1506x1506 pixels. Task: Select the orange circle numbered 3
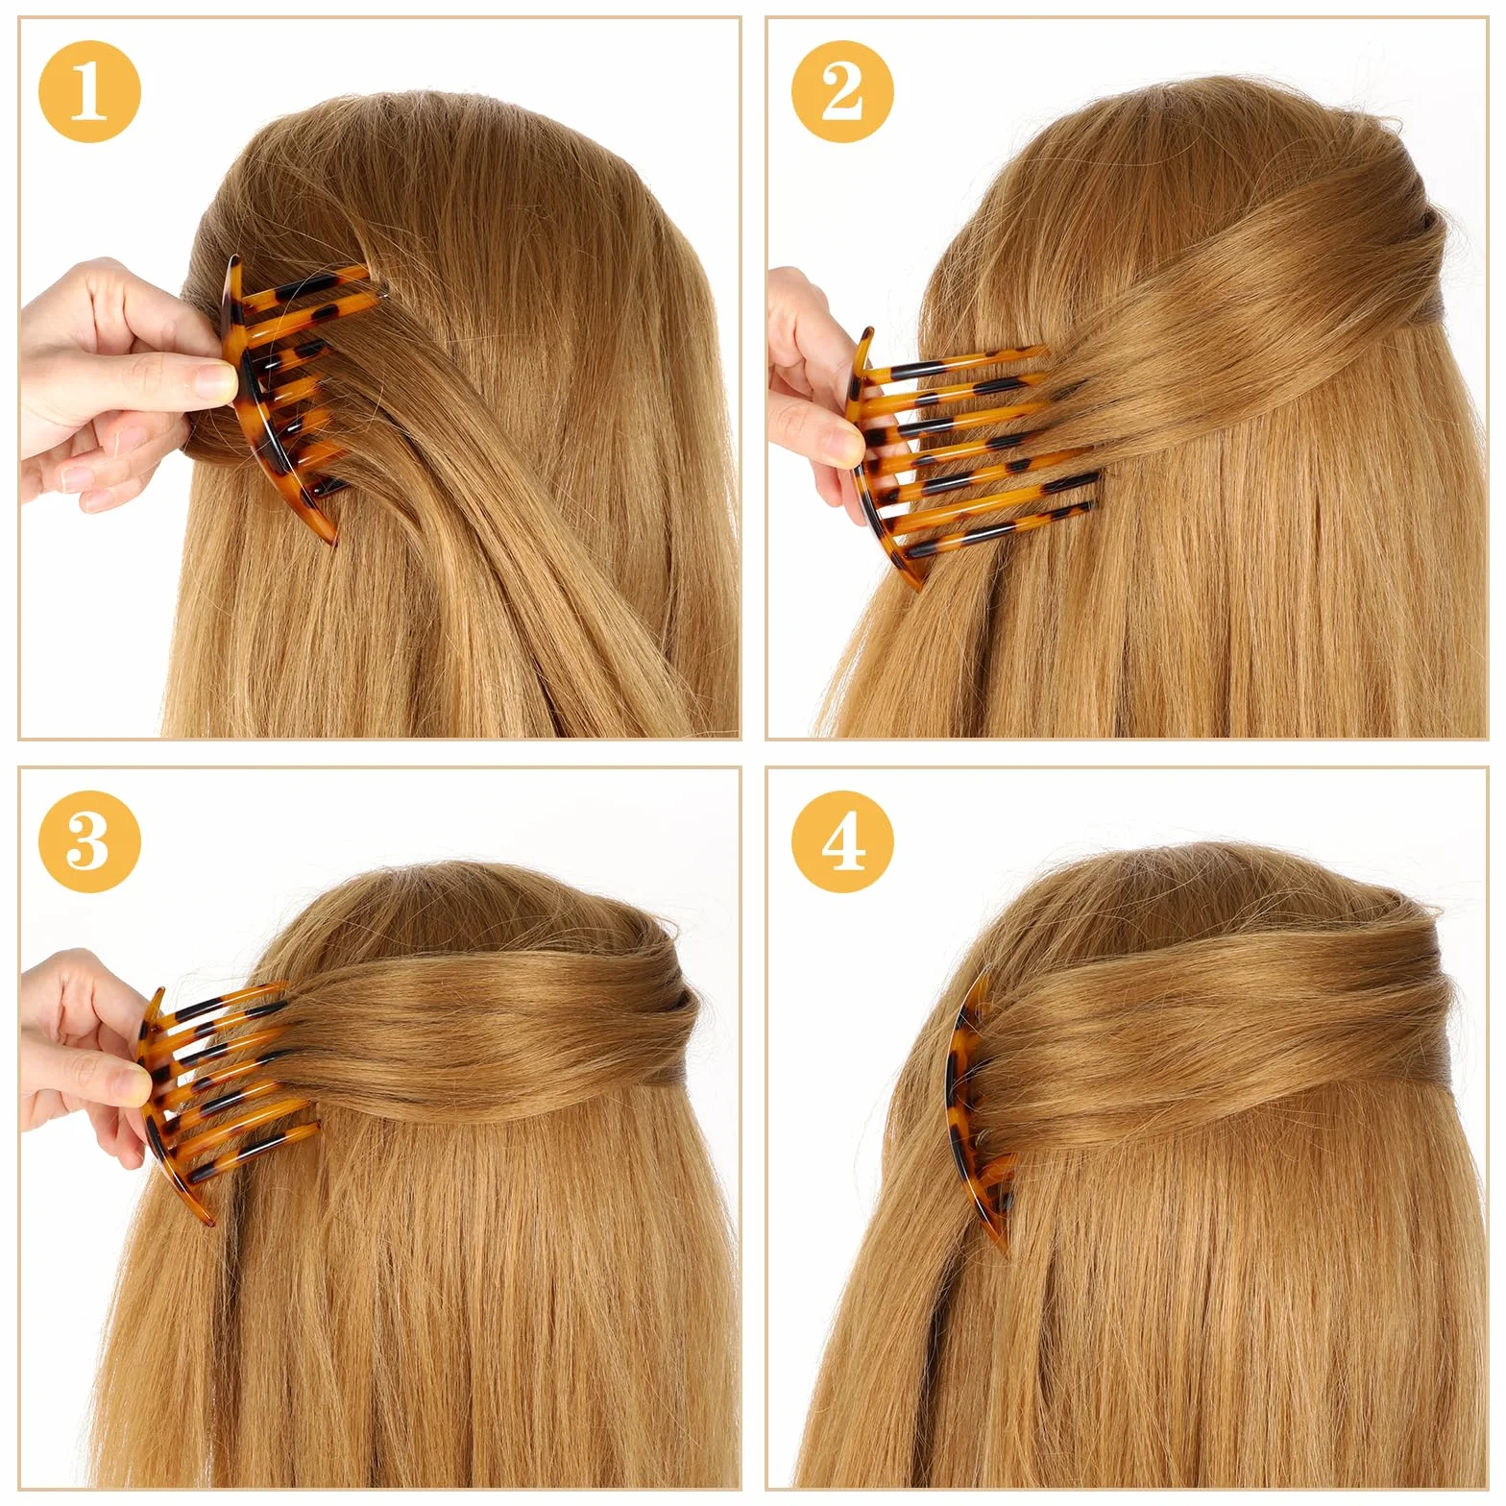coord(89,841)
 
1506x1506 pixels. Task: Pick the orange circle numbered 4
coord(842,841)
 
